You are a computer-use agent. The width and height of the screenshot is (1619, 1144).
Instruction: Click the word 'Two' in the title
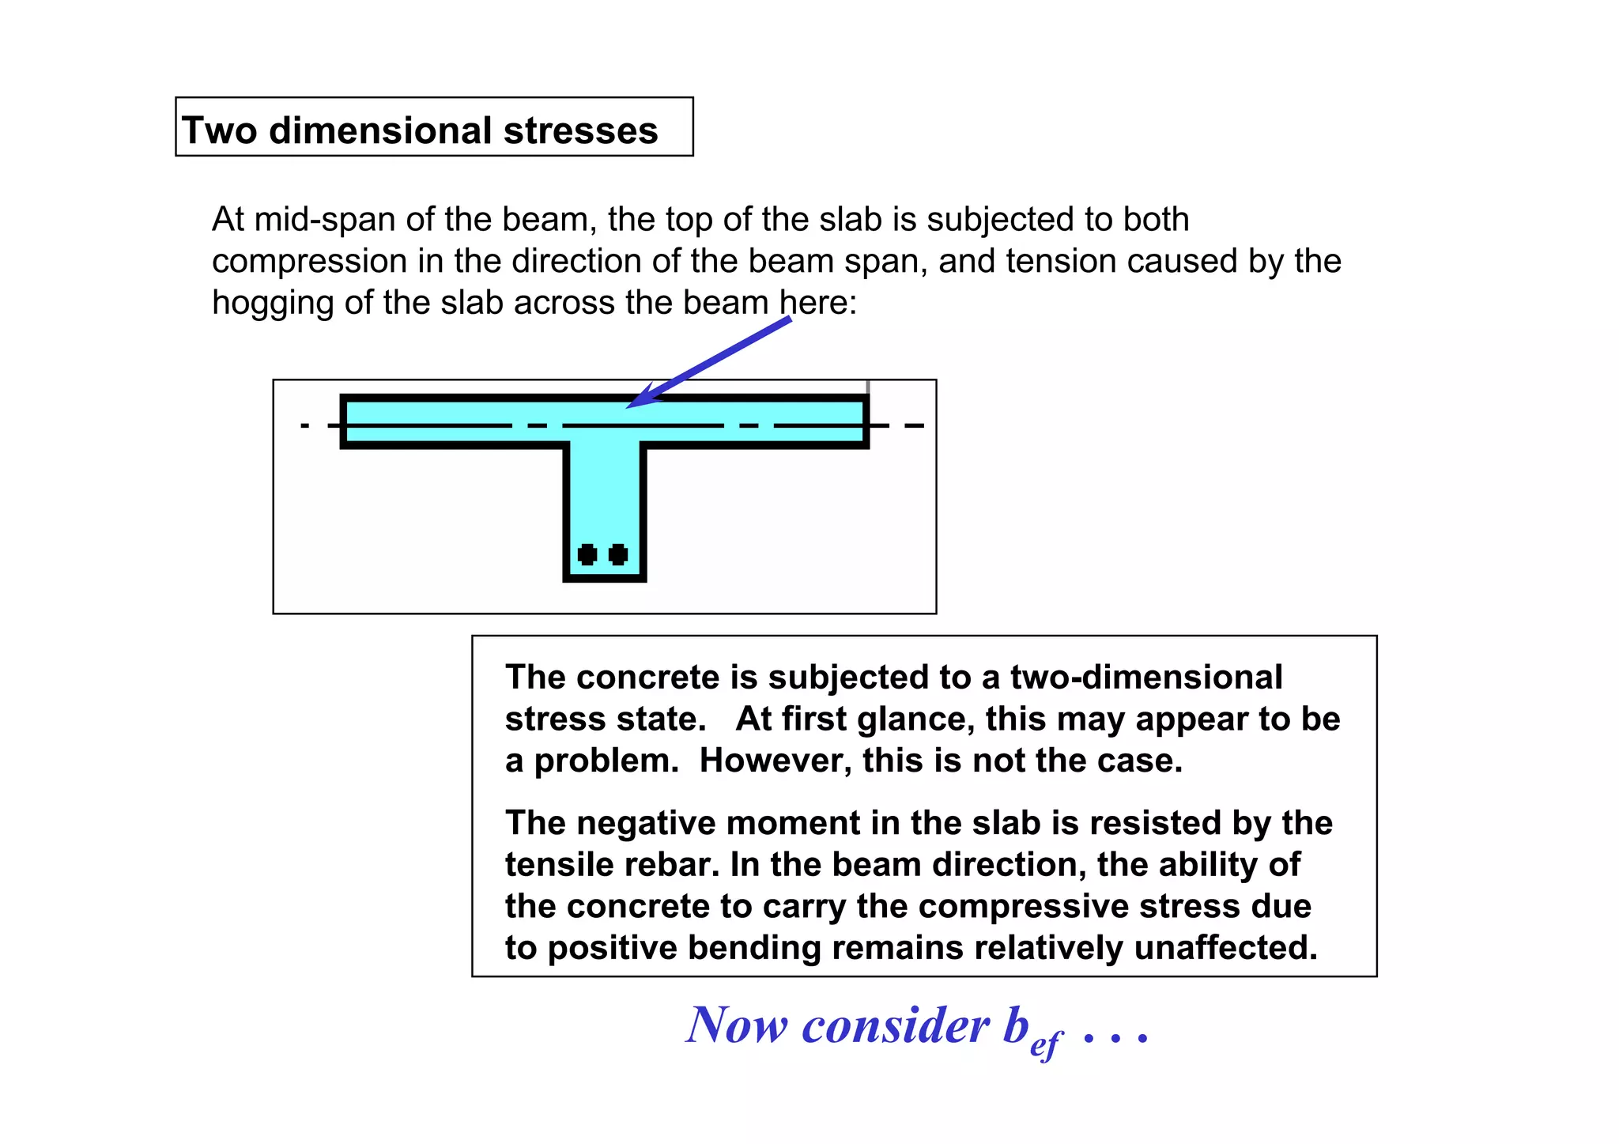tap(219, 130)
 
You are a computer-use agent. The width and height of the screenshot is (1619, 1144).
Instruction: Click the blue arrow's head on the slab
tap(637, 400)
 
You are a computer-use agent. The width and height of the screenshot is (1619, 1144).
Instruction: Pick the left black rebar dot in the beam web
tap(587, 554)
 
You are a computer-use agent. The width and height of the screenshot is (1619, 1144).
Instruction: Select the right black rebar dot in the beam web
tap(618, 554)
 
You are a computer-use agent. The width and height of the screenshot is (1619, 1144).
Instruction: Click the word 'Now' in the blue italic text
tap(737, 1026)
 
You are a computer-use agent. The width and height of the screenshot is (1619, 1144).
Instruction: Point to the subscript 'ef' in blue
tap(1045, 1045)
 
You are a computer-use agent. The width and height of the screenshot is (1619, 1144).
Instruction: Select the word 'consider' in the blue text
tap(895, 1026)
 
